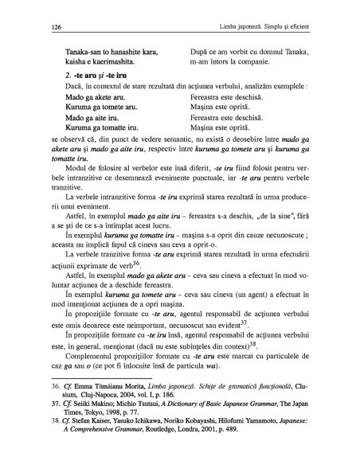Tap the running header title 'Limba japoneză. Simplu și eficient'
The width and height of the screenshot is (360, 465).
tap(253, 27)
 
